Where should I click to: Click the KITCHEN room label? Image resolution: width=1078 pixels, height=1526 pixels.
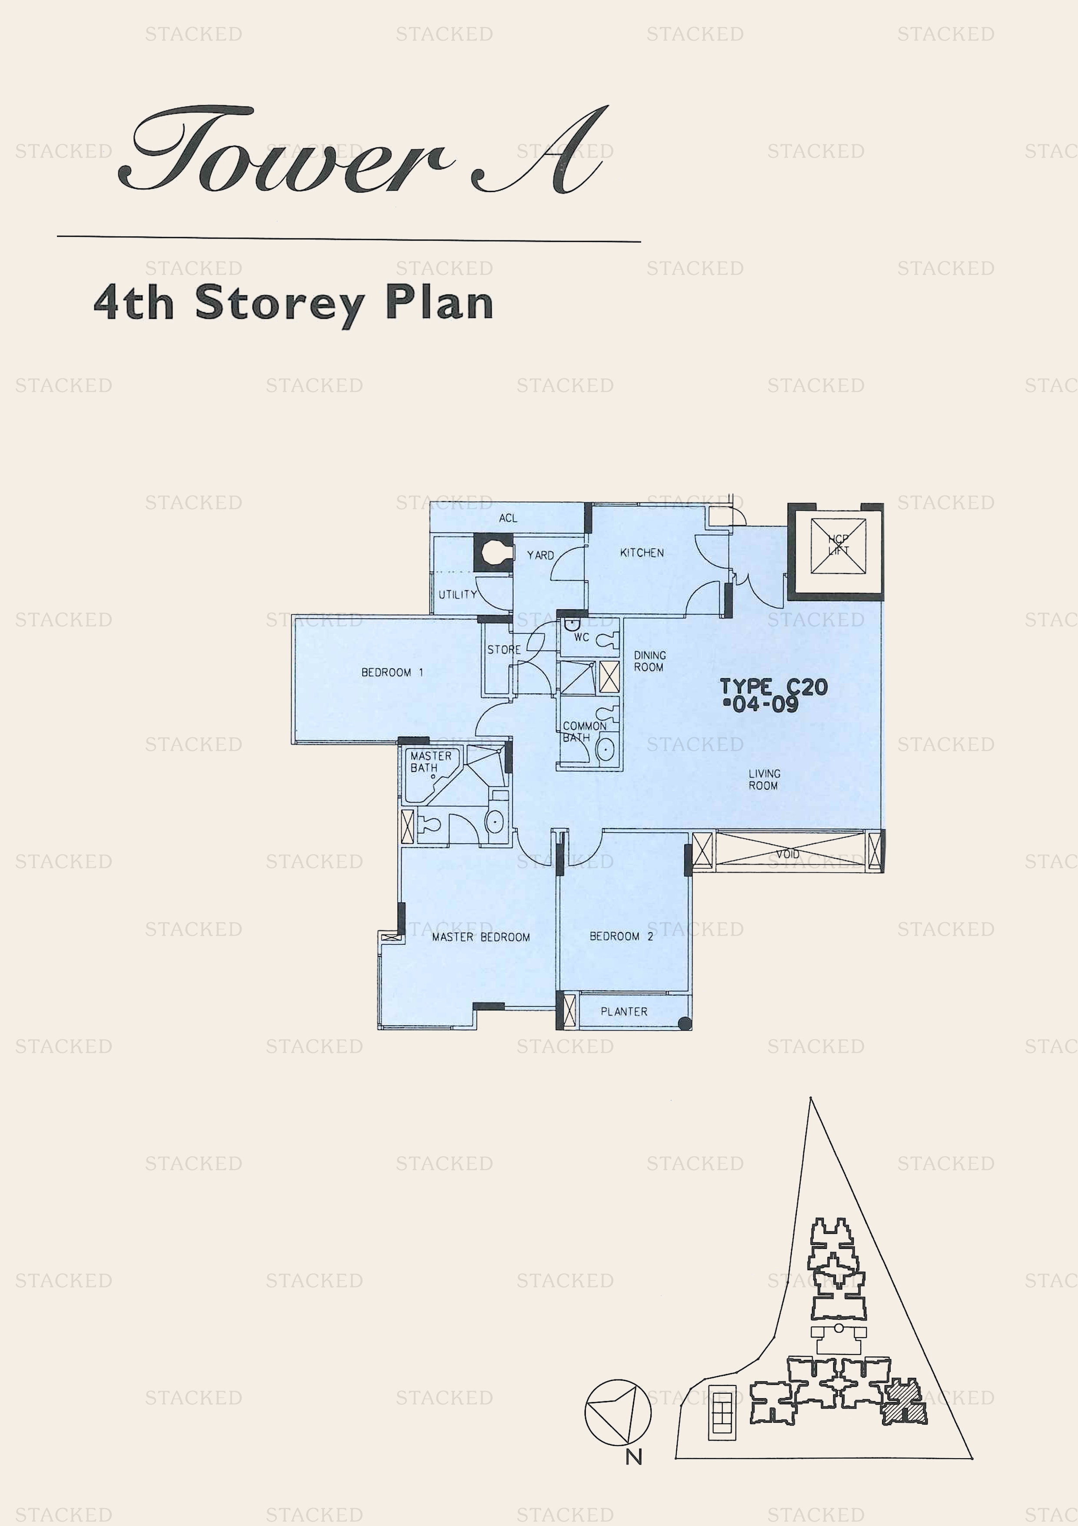[x=642, y=552]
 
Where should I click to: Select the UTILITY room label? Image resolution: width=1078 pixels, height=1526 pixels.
[x=458, y=594]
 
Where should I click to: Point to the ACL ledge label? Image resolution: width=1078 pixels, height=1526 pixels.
[x=508, y=518]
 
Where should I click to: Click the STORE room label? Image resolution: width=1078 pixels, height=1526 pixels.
[x=504, y=649]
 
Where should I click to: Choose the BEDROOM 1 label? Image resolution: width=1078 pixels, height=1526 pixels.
[x=392, y=672]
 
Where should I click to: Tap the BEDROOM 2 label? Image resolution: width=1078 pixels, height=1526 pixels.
[x=621, y=936]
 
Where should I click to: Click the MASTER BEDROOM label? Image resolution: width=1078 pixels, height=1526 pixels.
[x=481, y=937]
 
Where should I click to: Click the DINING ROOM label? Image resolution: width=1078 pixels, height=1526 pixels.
[x=649, y=661]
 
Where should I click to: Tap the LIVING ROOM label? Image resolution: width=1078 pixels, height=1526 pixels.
[x=764, y=779]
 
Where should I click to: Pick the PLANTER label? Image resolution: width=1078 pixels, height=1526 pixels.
[x=624, y=1011]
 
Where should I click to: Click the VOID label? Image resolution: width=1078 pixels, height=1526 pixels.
[x=788, y=854]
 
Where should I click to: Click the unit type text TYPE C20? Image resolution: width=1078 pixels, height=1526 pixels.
[x=774, y=686]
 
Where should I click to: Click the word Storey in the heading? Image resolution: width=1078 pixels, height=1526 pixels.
[x=279, y=304]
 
